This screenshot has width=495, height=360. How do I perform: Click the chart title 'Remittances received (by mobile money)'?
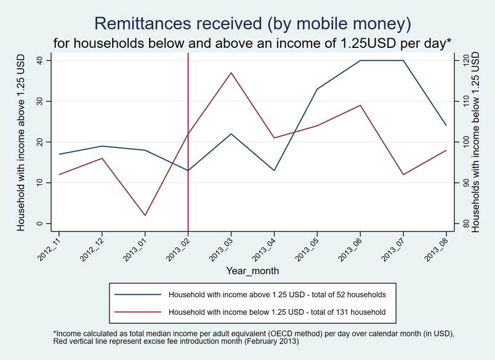pyautogui.click(x=251, y=23)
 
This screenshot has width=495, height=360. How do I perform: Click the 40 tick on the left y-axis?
pyautogui.click(x=39, y=60)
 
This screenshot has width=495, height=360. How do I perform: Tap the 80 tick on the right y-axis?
pyautogui.click(x=466, y=223)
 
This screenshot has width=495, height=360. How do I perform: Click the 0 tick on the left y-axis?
pyautogui.click(x=39, y=223)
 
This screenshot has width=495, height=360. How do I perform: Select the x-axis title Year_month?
pyautogui.click(x=252, y=271)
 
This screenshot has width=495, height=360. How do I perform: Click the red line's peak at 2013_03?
pyautogui.click(x=231, y=73)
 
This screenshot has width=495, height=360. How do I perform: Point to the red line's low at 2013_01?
pyautogui.click(x=145, y=215)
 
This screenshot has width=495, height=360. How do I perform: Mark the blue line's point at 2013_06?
pyautogui.click(x=360, y=60)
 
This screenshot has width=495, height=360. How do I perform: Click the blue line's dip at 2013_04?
pyautogui.click(x=274, y=170)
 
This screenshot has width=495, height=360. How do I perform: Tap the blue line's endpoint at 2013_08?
pyautogui.click(x=446, y=126)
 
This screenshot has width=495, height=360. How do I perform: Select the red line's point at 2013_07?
pyautogui.click(x=403, y=175)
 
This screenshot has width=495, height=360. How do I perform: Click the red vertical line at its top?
pyautogui.click(x=188, y=55)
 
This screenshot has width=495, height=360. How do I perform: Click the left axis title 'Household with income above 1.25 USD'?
pyautogui.click(x=21, y=142)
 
